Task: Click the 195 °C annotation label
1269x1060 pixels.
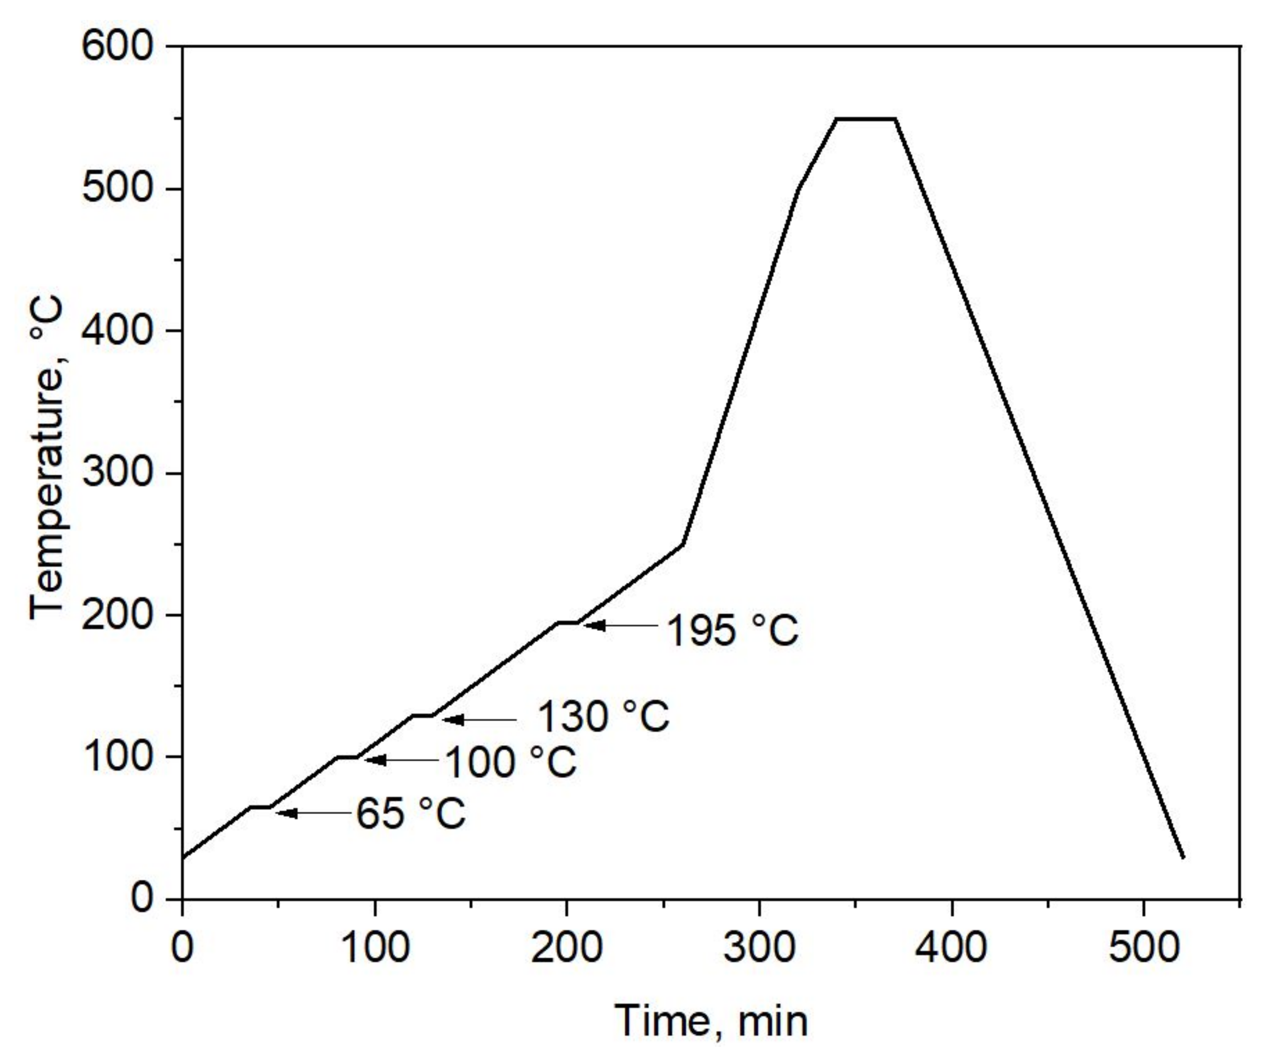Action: coord(732,631)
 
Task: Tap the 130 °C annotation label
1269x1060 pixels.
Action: coord(603,717)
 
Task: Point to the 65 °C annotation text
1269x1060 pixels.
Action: coord(411,813)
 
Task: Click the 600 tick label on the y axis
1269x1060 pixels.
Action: coord(118,47)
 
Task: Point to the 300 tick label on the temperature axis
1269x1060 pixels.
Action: coord(118,473)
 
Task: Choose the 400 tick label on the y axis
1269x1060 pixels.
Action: coord(118,331)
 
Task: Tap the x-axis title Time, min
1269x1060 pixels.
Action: coord(711,1022)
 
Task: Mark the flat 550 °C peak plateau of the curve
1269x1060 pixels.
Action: coord(865,118)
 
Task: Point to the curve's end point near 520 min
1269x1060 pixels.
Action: coord(1183,857)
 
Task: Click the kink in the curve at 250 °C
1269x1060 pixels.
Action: coord(683,544)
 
